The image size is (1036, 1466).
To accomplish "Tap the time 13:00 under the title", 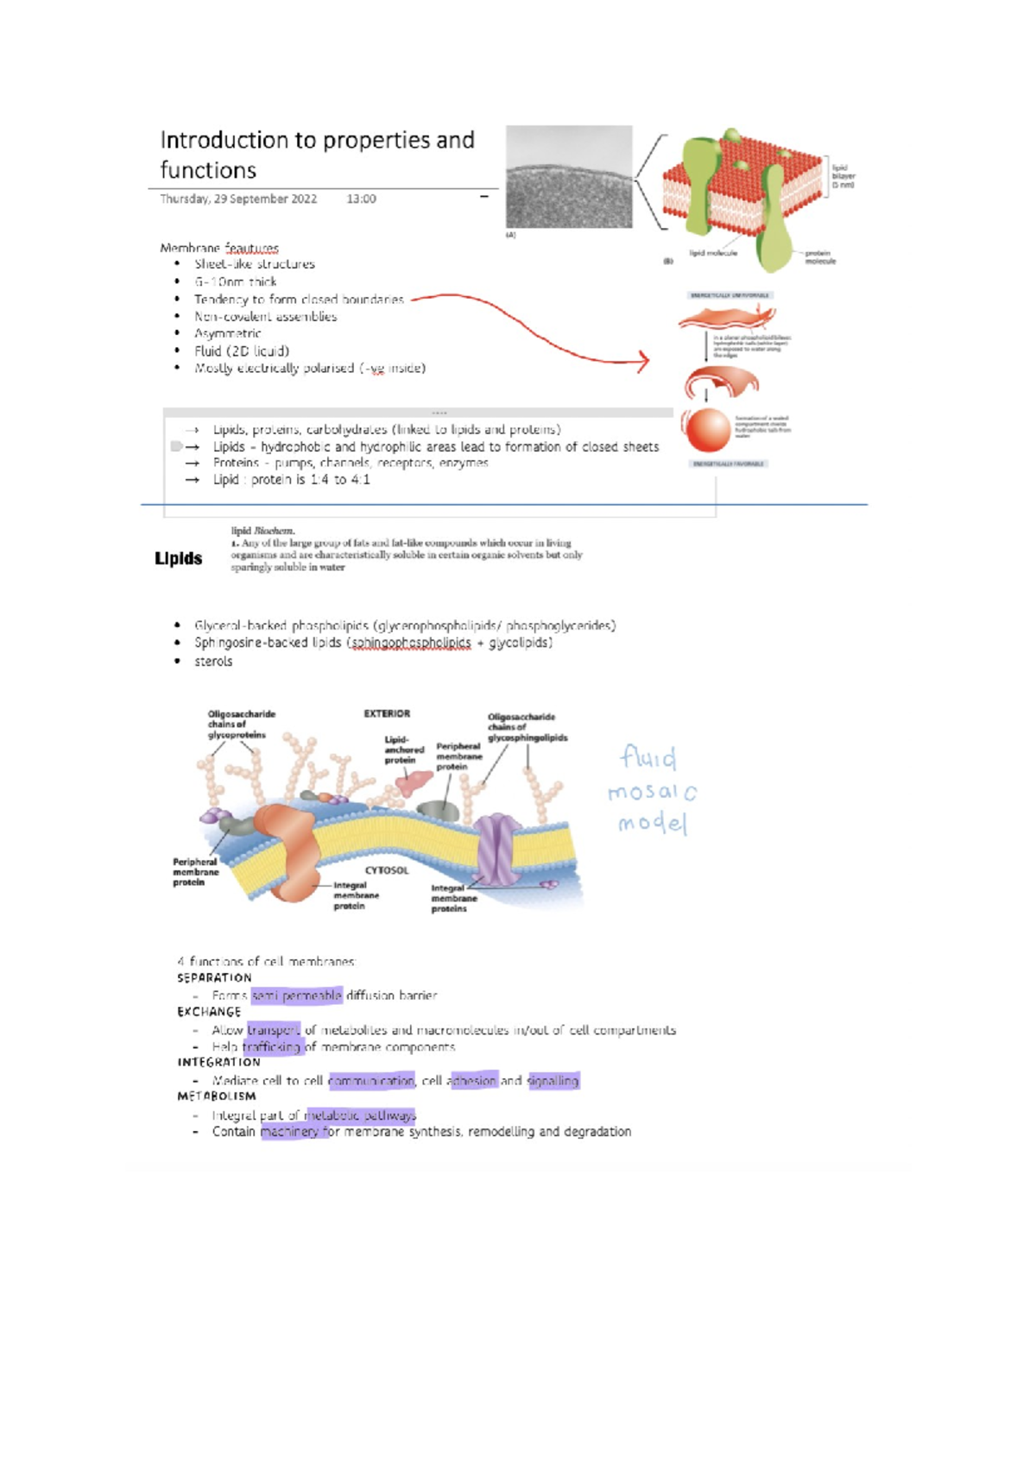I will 361,199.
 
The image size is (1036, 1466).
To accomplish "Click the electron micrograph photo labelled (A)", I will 569,177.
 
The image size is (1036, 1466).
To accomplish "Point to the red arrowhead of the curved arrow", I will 643,361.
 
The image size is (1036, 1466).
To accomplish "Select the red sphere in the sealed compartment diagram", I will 707,430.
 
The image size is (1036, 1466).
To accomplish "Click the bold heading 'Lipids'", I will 179,559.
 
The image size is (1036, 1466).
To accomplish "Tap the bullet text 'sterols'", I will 213,661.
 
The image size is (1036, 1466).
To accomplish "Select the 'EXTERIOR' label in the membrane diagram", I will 387,714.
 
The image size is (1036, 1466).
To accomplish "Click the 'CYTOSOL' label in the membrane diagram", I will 387,870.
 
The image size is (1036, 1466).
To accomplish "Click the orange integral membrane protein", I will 292,850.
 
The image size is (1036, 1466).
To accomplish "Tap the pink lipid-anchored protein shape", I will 414,783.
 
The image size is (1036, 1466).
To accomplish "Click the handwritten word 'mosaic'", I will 652,792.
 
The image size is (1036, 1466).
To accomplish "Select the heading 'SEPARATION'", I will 214,978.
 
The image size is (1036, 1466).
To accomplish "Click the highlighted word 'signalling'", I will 553,1081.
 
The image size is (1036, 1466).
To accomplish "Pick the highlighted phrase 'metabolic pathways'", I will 360,1115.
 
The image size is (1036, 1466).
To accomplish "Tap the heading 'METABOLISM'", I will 217,1096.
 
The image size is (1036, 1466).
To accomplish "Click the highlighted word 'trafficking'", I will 271,1046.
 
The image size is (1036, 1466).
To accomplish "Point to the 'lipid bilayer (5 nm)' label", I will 842,176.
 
